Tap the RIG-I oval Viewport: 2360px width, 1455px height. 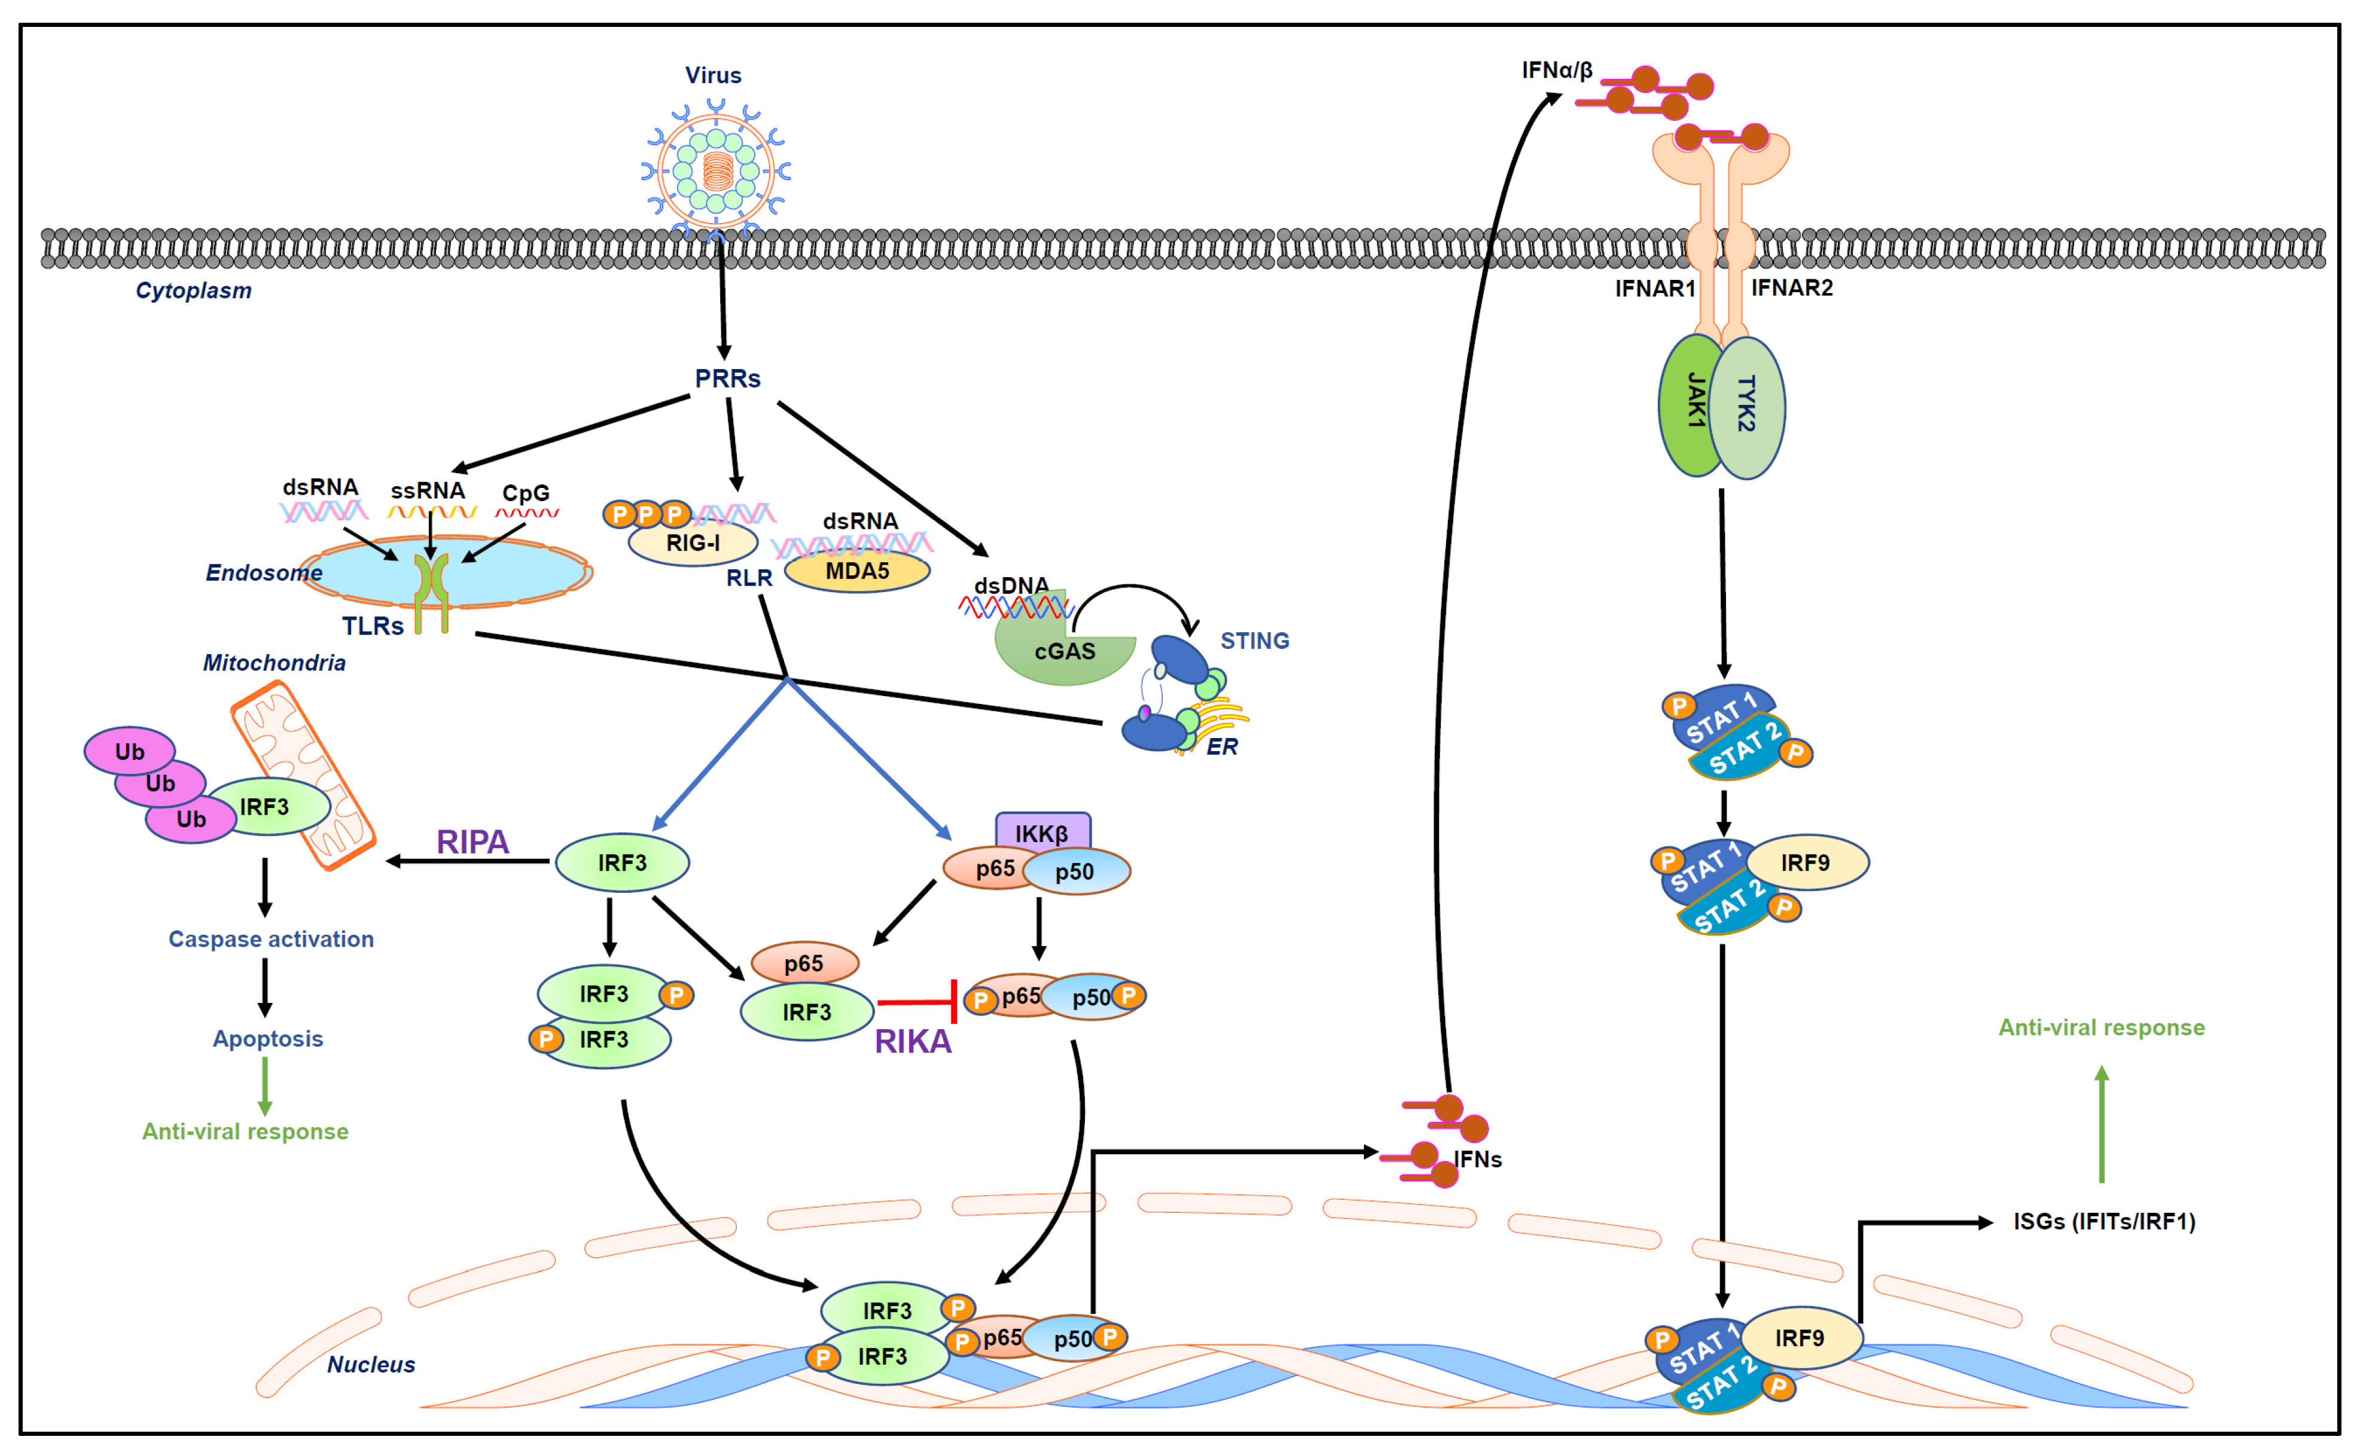(x=693, y=544)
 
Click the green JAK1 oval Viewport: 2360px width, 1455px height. (x=1690, y=404)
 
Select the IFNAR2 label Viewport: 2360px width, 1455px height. (x=1791, y=288)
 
